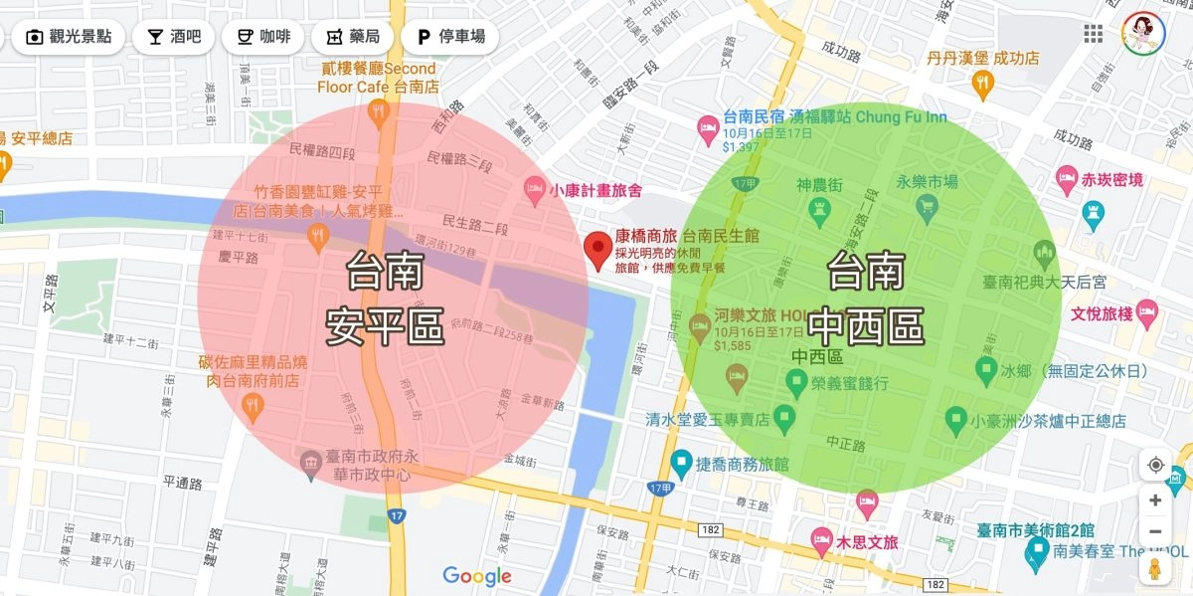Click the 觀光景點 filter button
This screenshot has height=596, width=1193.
69,38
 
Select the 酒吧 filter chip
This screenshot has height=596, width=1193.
174,38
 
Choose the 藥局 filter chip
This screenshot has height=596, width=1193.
353,38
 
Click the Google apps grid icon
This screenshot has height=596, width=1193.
1094,35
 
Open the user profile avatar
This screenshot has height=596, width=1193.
1143,35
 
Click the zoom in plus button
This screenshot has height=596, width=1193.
1155,500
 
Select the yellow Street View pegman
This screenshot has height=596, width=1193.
1155,569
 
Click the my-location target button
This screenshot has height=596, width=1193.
1155,465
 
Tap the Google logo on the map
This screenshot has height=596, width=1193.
477,576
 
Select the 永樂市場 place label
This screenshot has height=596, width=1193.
927,182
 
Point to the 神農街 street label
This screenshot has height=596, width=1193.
820,185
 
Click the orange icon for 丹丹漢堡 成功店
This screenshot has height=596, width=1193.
983,84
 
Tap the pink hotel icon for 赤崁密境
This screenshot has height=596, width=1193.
1068,180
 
